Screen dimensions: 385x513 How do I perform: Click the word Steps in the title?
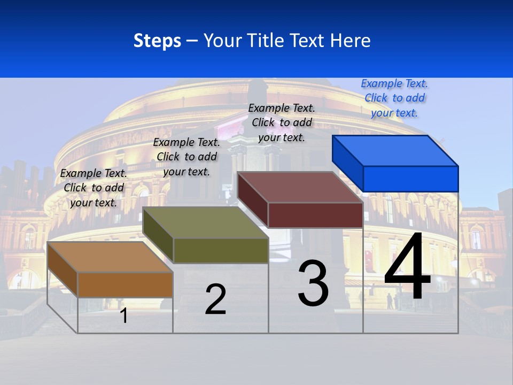click(x=157, y=41)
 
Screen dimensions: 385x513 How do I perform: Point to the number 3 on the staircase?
click(x=313, y=283)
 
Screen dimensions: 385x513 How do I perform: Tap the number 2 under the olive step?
click(x=215, y=299)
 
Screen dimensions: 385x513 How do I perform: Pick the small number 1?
click(x=124, y=315)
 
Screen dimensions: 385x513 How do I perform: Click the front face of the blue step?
click(x=410, y=179)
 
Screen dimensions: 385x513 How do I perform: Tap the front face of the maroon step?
click(x=315, y=215)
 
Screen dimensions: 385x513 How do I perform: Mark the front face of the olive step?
click(x=220, y=250)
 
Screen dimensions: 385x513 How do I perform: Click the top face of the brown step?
click(x=110, y=257)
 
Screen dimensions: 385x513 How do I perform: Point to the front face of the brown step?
click(x=125, y=284)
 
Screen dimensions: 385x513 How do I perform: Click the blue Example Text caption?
click(x=394, y=98)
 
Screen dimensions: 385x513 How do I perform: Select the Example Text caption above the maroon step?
click(x=282, y=122)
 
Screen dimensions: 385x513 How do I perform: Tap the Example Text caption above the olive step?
click(x=186, y=157)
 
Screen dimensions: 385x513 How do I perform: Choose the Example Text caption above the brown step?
click(x=94, y=188)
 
